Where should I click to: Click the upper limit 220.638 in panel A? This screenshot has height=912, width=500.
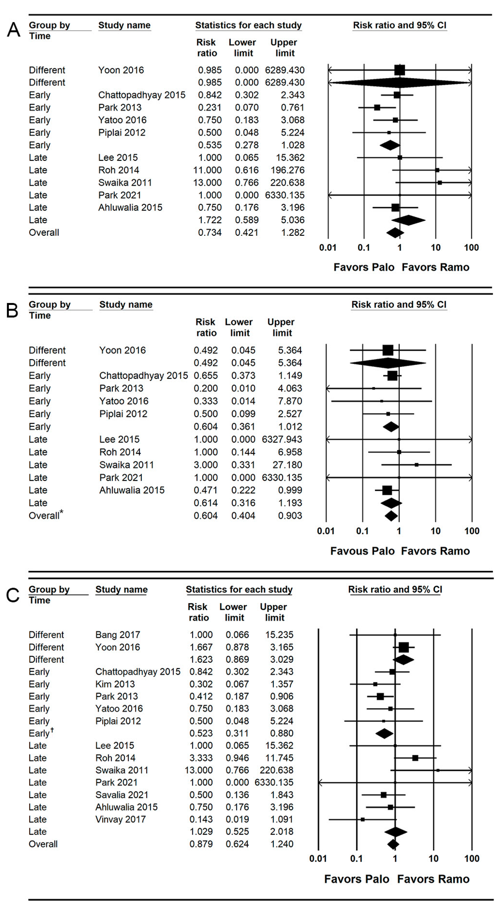(x=287, y=183)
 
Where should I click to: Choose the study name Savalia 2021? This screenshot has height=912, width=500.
(x=122, y=795)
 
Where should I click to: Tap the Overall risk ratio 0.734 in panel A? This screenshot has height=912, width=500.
(x=210, y=233)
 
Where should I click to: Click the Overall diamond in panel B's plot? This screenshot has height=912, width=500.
(x=391, y=516)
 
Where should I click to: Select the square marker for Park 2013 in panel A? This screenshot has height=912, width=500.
(x=377, y=108)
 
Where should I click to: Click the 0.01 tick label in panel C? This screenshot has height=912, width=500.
(x=318, y=859)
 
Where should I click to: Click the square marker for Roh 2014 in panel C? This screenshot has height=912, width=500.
(x=415, y=758)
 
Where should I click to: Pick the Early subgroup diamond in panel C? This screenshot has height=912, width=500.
(x=384, y=733)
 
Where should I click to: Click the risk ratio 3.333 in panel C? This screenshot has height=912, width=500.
(x=201, y=758)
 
